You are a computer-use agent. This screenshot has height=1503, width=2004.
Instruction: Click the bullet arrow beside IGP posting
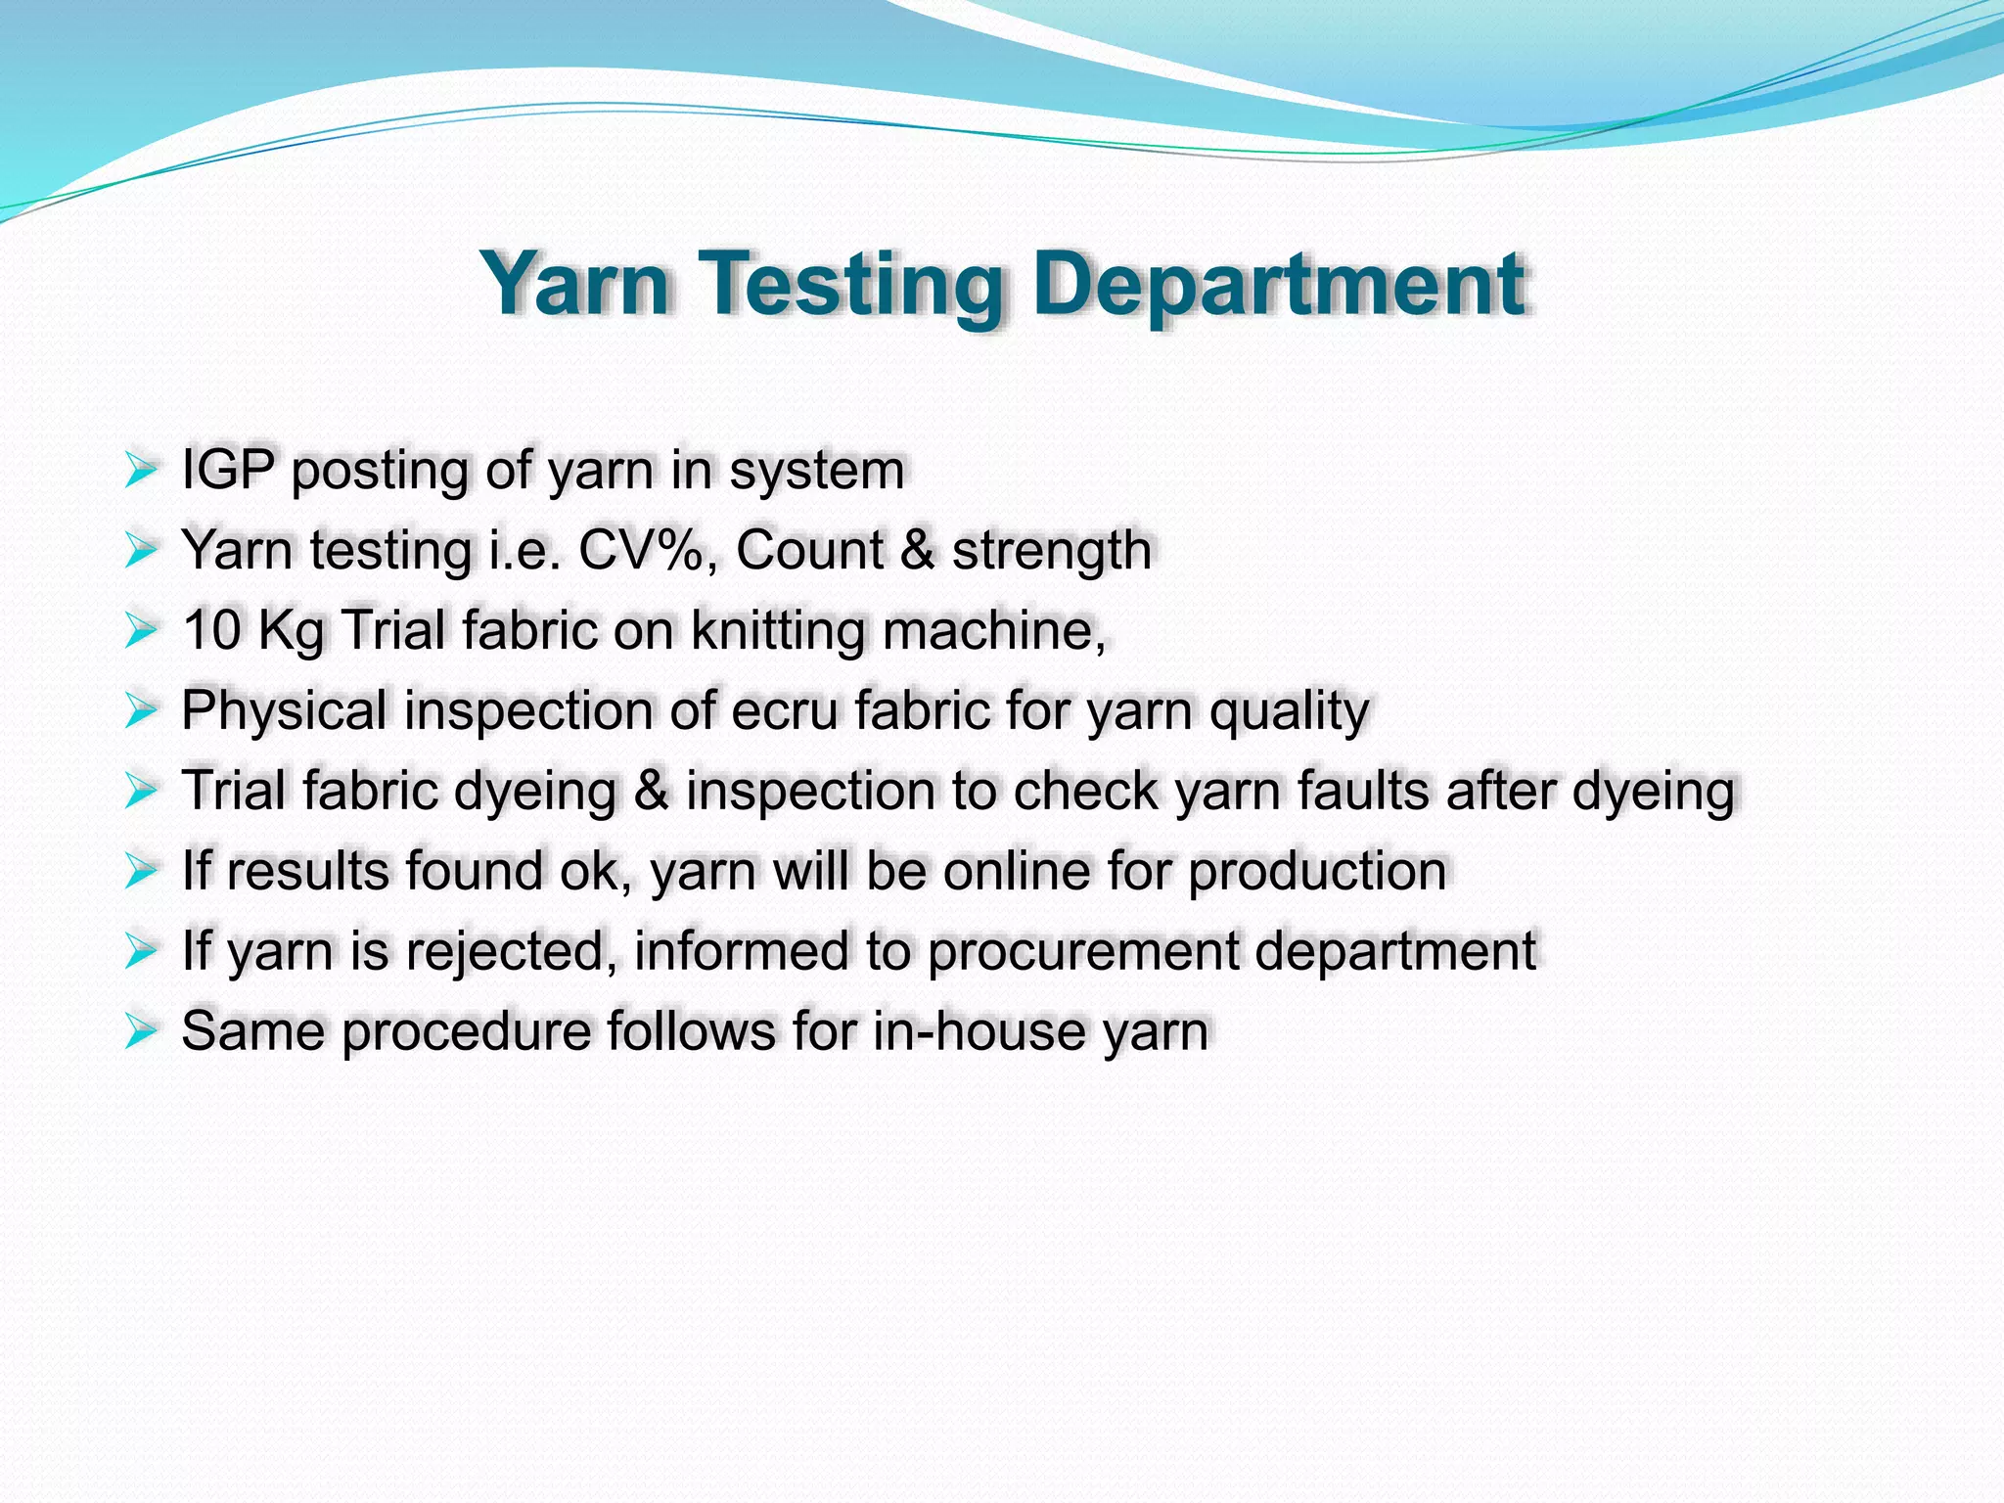click(141, 471)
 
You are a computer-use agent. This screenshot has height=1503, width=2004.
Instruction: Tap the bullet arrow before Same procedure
click(141, 1031)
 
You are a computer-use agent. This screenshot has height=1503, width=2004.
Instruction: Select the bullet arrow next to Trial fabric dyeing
click(141, 791)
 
